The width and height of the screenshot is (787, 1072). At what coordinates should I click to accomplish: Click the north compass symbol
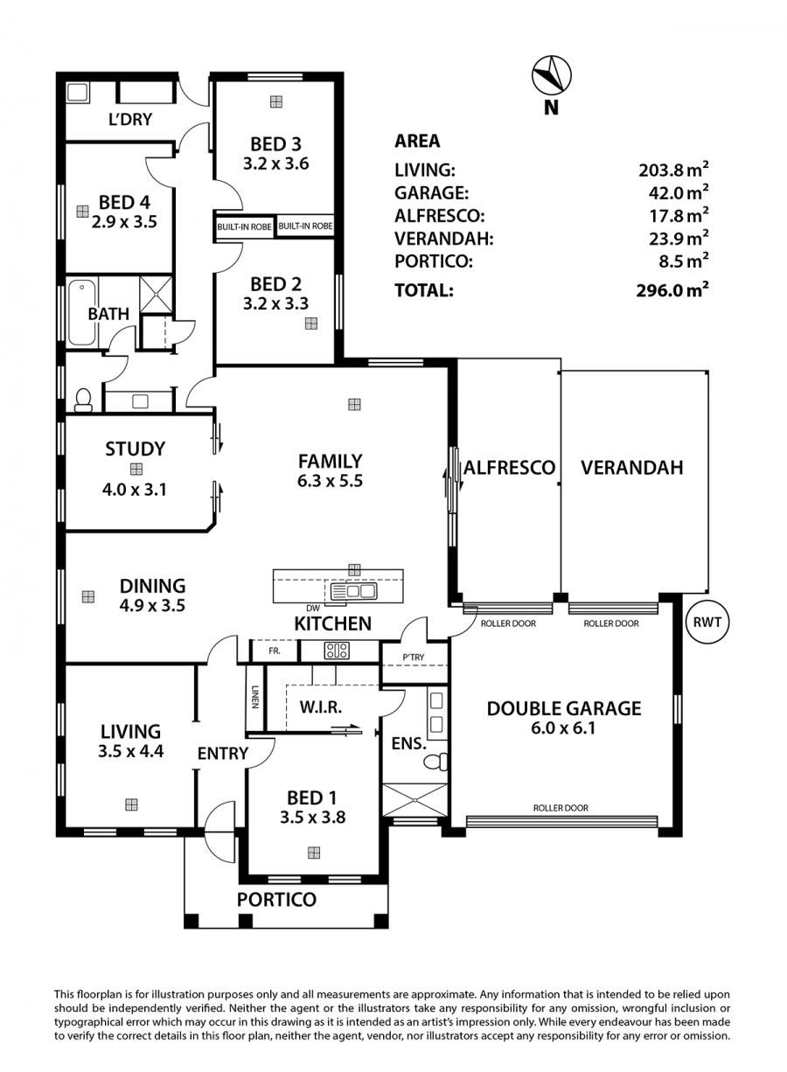(552, 75)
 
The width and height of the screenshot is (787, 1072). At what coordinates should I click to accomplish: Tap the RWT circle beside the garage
(707, 623)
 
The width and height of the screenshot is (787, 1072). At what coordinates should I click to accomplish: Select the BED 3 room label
(275, 143)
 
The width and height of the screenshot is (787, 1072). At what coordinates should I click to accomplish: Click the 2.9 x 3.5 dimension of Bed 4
(124, 222)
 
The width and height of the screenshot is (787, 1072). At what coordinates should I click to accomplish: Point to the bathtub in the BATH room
(82, 313)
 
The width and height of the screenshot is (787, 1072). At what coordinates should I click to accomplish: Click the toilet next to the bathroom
(83, 400)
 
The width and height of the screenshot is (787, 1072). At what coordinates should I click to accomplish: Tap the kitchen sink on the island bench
(353, 591)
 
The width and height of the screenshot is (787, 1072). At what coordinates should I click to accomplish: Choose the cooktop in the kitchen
(337, 651)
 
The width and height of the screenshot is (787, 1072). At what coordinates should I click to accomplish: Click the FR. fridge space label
(275, 651)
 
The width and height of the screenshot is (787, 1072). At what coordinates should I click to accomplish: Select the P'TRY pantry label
(413, 657)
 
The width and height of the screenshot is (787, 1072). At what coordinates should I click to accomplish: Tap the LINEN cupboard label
(254, 697)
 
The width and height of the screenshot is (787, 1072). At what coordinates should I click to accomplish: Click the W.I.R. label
(321, 707)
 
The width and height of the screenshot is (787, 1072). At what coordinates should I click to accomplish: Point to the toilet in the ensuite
(436, 761)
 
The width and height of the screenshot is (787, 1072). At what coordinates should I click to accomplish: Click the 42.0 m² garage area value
(679, 192)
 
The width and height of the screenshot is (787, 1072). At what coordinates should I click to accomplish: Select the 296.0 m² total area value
(672, 290)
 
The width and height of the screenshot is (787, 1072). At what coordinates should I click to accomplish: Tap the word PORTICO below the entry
(276, 900)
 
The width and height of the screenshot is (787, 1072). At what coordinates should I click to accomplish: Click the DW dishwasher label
(312, 609)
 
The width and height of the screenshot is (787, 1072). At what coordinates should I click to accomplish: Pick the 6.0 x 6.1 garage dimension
(563, 728)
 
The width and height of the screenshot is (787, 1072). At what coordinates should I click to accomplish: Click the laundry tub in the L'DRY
(78, 93)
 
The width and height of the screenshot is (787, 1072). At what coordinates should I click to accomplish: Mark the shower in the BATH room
(156, 294)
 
